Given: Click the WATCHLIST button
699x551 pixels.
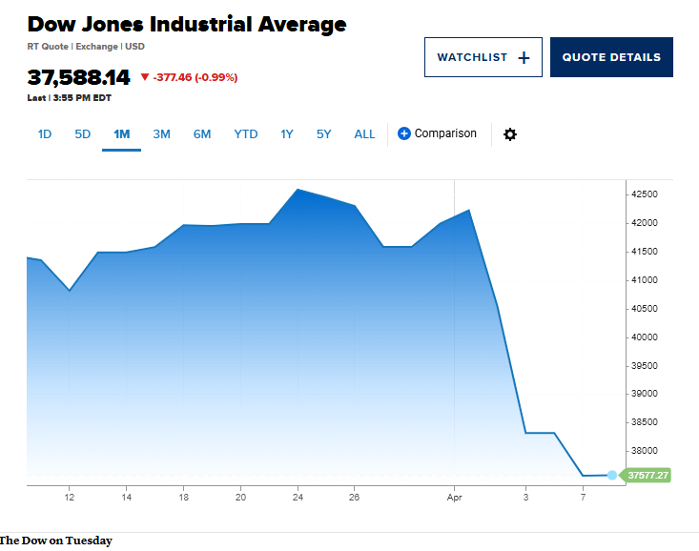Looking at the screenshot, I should pos(483,57).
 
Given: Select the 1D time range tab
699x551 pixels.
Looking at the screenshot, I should pos(45,134).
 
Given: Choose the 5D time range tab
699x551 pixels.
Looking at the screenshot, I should pos(83,134).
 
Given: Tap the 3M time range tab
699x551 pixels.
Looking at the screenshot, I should pos(161,134).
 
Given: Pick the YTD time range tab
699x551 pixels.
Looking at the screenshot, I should pos(246,134).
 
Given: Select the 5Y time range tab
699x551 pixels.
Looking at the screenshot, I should pos(324,134).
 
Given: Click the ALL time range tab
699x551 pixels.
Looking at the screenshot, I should pos(364,134).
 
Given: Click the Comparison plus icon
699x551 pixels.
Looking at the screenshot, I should pos(404,133).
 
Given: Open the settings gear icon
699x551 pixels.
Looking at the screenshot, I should pos(510,134).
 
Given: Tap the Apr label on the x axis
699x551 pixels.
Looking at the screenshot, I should pos(455,497).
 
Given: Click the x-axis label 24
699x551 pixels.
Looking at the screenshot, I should pos(298,497).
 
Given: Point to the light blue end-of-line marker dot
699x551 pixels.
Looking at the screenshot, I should pos(612,475).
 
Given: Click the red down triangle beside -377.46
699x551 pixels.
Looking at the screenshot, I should pos(145,77).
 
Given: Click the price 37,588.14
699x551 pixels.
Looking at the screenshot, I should pos(78,77).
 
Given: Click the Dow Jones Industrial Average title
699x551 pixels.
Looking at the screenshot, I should pos(187,24).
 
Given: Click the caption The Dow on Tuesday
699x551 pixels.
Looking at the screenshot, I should pos(56,541).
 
